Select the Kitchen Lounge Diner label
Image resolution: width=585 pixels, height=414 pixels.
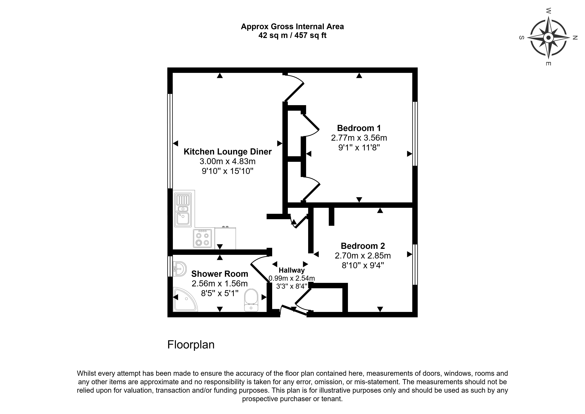(227, 152)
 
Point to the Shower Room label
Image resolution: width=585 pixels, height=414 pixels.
(220, 274)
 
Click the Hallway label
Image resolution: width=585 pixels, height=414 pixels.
(291, 270)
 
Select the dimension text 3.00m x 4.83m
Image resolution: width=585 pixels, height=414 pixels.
(227, 161)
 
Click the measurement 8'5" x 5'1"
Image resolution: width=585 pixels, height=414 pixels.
(220, 293)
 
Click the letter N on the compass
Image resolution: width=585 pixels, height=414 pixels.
(575, 38)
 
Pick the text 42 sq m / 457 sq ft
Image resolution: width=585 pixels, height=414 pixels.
(292, 35)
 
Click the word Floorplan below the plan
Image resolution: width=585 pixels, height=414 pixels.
(191, 345)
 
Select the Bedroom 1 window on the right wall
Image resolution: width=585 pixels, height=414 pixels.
(415, 134)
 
